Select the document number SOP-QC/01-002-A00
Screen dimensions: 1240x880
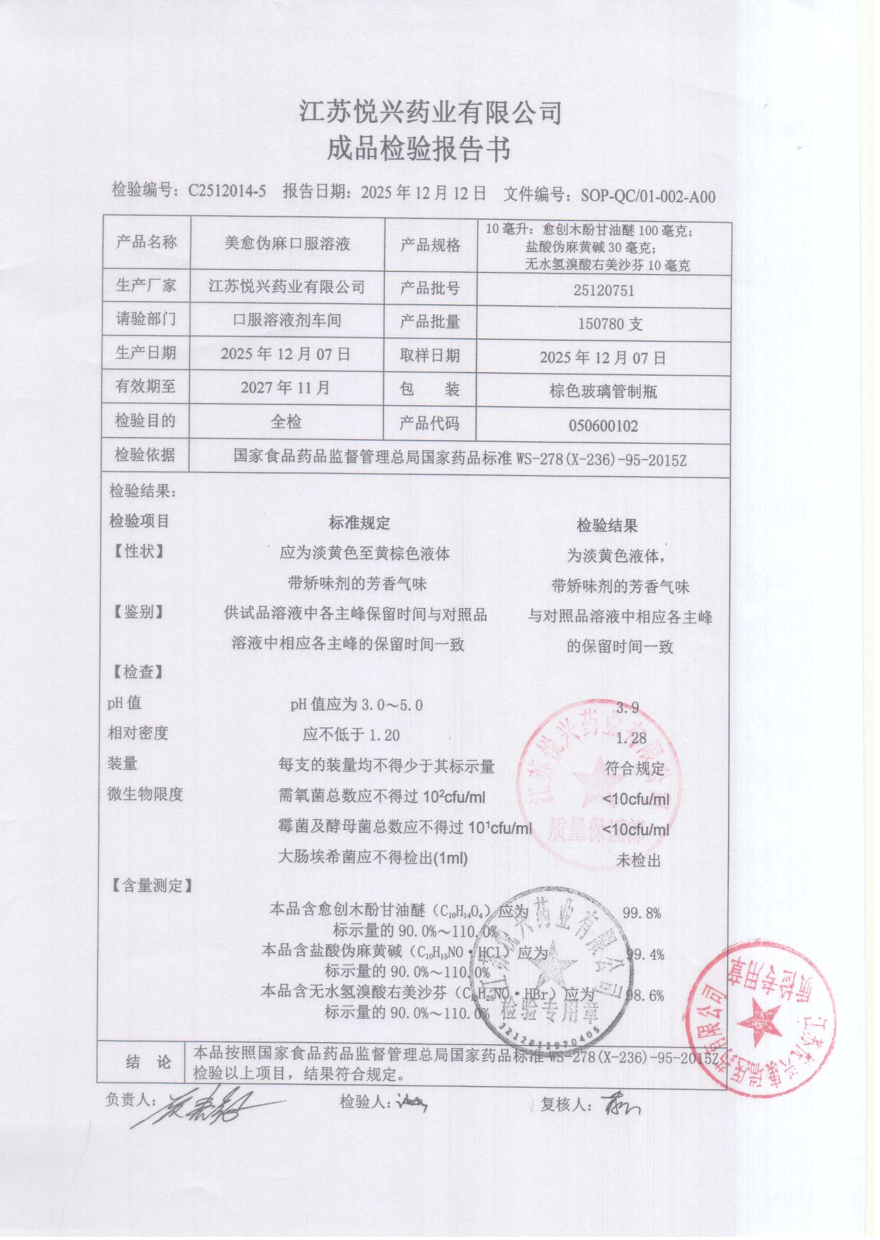click(647, 196)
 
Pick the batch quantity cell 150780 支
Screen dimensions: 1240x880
click(610, 324)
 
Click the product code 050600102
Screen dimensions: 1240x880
click(603, 425)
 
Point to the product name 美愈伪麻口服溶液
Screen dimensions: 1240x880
click(287, 243)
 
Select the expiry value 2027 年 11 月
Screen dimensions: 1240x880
click(285, 387)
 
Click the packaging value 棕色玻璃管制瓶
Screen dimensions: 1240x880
click(603, 391)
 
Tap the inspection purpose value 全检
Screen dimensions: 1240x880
click(286, 422)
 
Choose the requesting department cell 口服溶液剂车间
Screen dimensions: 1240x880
click(287, 320)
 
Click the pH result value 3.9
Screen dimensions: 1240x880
click(628, 707)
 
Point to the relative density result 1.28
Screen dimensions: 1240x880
click(631, 737)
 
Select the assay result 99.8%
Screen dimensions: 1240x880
click(641, 913)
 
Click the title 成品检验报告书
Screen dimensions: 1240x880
click(418, 149)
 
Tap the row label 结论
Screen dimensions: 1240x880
click(148, 1062)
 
